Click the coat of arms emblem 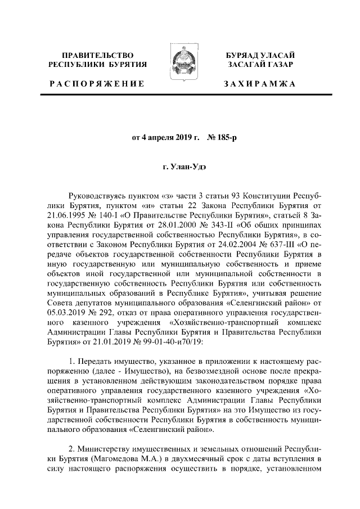click(x=181, y=61)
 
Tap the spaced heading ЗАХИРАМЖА click(x=259, y=84)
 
